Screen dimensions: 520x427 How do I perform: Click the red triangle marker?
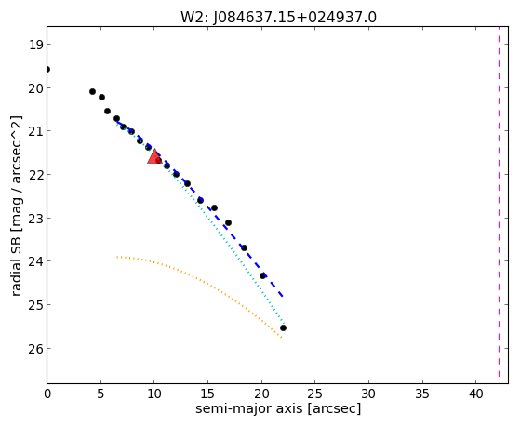click(154, 157)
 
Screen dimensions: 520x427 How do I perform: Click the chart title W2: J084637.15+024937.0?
click(278, 18)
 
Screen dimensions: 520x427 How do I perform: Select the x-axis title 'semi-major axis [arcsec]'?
click(278, 408)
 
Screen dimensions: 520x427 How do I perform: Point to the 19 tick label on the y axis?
click(35, 45)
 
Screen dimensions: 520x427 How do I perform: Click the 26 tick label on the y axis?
click(35, 349)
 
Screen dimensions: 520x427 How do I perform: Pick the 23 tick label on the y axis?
click(35, 219)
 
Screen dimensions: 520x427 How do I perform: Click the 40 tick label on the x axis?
click(475, 394)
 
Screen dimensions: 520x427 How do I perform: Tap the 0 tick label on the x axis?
click(47, 394)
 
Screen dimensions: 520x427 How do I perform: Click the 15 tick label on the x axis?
click(208, 394)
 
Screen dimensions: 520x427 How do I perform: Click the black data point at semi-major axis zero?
click(47, 70)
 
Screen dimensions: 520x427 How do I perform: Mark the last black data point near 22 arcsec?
click(283, 327)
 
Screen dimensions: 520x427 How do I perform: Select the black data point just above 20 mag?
click(92, 91)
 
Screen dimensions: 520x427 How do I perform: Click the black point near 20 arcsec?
click(262, 275)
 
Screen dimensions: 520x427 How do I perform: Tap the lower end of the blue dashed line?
click(282, 296)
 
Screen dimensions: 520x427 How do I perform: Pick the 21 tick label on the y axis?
click(35, 131)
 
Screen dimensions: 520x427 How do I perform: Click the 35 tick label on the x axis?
click(421, 394)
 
